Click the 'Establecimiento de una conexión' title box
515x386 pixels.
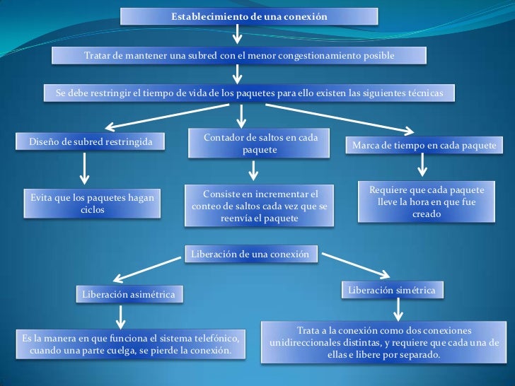249,16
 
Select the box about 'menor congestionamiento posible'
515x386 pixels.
239,55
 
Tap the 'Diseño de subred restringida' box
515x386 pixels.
86,144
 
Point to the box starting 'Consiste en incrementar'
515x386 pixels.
260,206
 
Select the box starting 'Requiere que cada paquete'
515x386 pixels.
427,202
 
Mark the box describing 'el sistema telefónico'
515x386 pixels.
132,344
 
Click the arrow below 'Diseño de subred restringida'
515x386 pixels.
86,170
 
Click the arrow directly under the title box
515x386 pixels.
238,34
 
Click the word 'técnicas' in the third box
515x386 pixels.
422,93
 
